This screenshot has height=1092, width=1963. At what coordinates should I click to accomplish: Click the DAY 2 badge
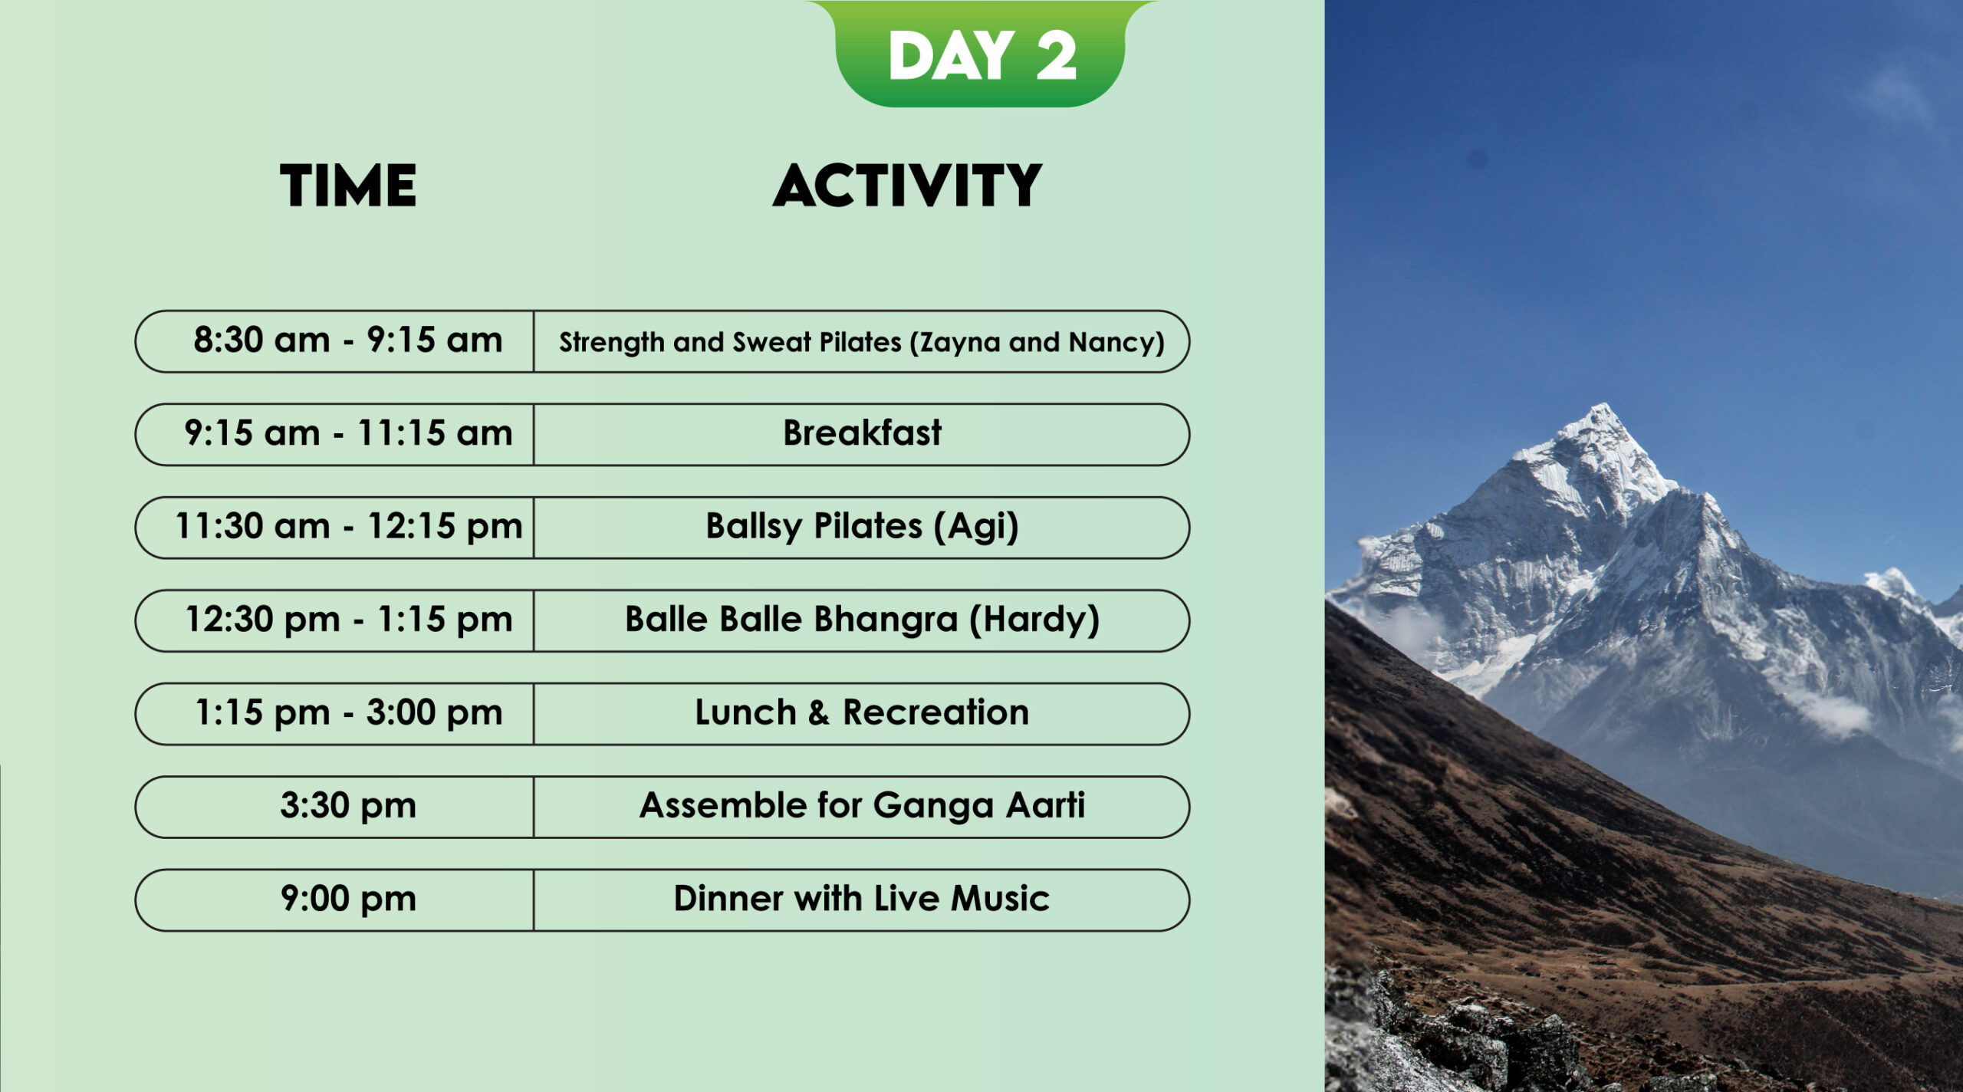click(981, 54)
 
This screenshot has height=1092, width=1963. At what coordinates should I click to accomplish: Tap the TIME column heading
click(348, 186)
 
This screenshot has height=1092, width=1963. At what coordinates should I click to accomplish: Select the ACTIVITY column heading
click(907, 186)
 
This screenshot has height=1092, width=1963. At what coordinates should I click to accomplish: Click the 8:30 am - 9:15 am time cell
click(334, 341)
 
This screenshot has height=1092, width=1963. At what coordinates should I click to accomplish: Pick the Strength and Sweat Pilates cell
click(862, 341)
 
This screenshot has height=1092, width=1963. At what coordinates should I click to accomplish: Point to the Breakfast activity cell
click(862, 434)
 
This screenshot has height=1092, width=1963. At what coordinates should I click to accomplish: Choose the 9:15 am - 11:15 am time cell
click(334, 434)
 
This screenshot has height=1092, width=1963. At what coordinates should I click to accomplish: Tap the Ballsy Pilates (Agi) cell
click(862, 528)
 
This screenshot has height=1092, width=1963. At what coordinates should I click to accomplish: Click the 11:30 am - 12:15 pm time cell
click(334, 528)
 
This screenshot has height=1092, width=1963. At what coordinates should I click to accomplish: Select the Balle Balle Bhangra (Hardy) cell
click(862, 620)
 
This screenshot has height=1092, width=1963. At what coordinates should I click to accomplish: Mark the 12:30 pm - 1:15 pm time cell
click(334, 620)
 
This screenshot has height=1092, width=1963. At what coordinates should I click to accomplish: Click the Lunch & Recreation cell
click(862, 714)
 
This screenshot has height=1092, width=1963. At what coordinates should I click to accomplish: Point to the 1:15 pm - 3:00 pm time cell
click(334, 714)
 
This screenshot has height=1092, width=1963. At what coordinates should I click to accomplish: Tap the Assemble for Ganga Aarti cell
click(862, 807)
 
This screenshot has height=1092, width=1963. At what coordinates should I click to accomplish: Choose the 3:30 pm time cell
click(334, 807)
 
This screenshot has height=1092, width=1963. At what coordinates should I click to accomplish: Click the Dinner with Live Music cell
click(862, 900)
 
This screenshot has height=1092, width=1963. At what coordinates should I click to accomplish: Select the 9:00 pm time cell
click(334, 900)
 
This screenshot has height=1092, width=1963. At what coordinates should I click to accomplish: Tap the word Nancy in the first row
click(1113, 342)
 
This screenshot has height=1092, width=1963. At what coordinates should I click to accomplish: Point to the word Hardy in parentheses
click(1034, 620)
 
